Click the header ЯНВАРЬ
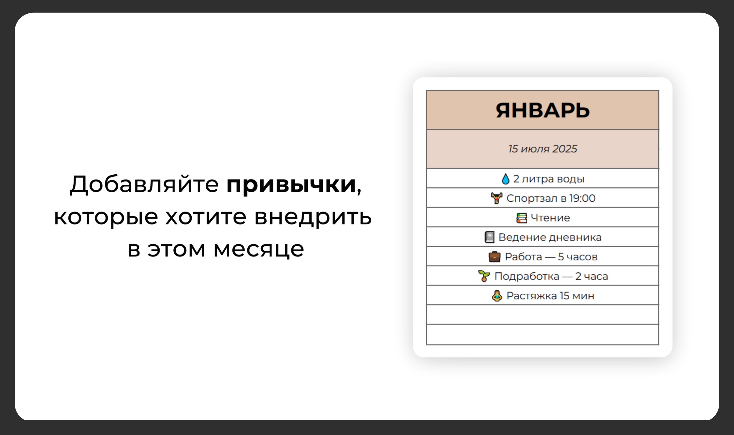pos(542,110)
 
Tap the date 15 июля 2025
pos(542,149)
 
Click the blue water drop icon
pos(506,179)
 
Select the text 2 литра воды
pos(548,179)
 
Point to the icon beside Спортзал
pos(496,198)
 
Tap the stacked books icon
pos(522,218)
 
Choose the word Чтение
pos(550,218)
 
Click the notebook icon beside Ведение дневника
pos(489,237)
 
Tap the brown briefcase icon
pos(494,257)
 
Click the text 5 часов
pos(577,257)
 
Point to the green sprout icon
pos(484,276)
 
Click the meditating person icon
pos(497,296)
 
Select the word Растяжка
pos(532,296)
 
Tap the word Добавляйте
pos(144,184)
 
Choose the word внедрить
pos(313,217)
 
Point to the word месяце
pos(259,250)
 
